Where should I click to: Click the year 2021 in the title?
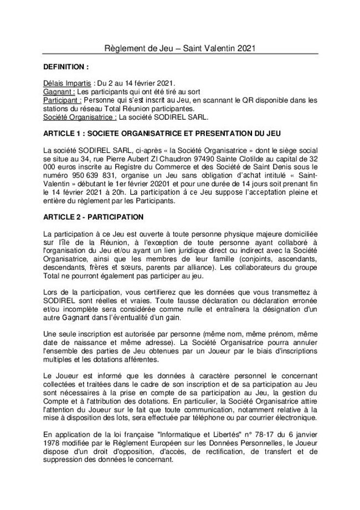(x=245, y=49)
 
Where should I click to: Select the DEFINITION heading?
(x=65, y=67)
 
